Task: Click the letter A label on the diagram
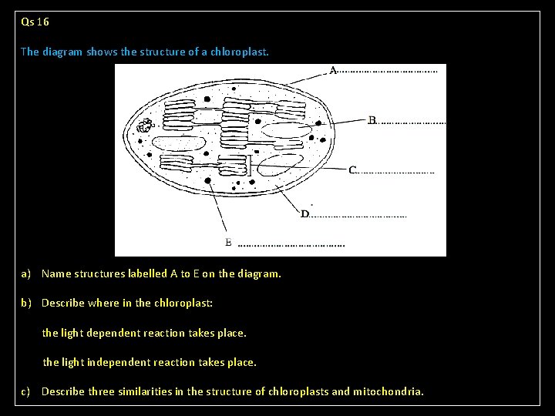click(x=333, y=71)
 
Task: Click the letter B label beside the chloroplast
click(x=372, y=120)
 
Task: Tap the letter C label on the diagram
click(x=352, y=169)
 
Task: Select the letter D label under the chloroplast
click(x=304, y=213)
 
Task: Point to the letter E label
click(x=228, y=242)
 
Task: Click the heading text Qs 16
click(x=35, y=22)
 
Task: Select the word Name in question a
click(x=56, y=273)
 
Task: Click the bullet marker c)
click(x=26, y=391)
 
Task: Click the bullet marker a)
click(x=26, y=273)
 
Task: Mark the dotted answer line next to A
click(x=388, y=72)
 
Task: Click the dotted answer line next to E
click(x=291, y=245)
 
